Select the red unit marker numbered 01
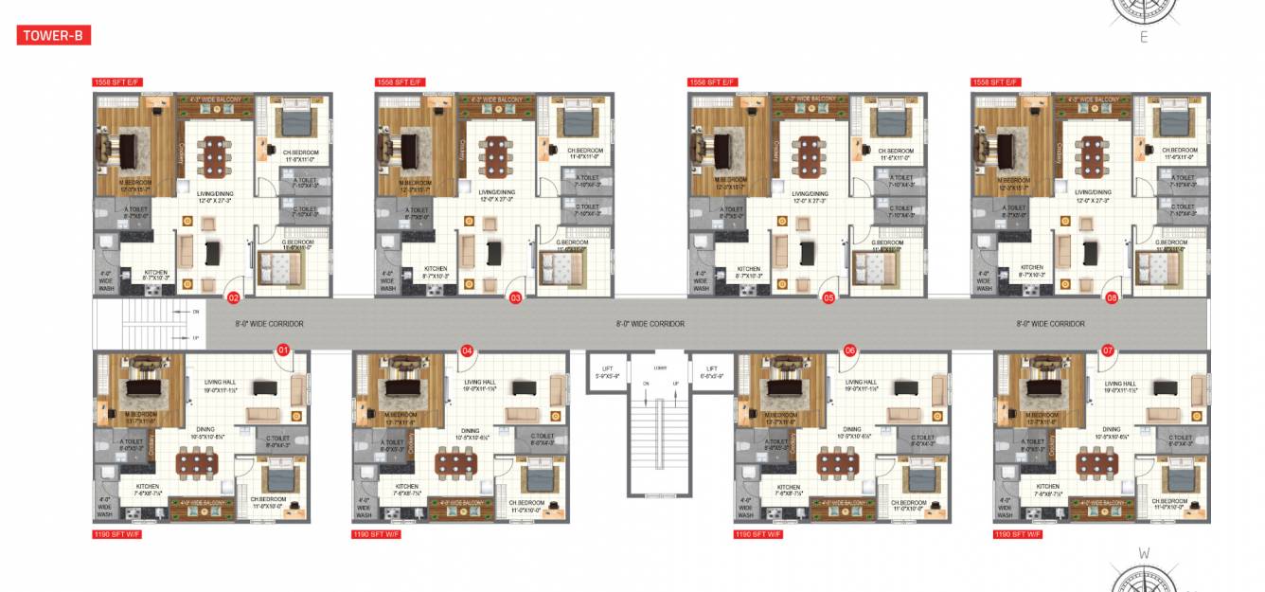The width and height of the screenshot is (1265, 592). (x=281, y=350)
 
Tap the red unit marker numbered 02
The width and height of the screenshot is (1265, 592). (x=233, y=297)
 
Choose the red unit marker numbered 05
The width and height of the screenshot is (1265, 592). (x=828, y=297)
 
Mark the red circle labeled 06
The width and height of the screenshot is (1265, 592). (x=849, y=350)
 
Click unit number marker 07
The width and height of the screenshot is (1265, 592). (x=1107, y=350)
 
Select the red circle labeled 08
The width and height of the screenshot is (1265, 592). (x=1112, y=297)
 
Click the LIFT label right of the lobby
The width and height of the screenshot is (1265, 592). (x=712, y=372)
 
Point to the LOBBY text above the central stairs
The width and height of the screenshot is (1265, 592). (x=660, y=368)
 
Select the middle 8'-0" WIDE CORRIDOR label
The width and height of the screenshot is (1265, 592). (x=650, y=324)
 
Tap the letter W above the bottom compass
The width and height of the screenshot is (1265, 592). (x=1143, y=553)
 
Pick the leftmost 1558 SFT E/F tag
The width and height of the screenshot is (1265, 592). (x=116, y=83)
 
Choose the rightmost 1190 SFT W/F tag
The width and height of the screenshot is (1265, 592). (x=1018, y=534)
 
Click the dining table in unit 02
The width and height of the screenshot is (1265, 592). (x=215, y=155)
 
